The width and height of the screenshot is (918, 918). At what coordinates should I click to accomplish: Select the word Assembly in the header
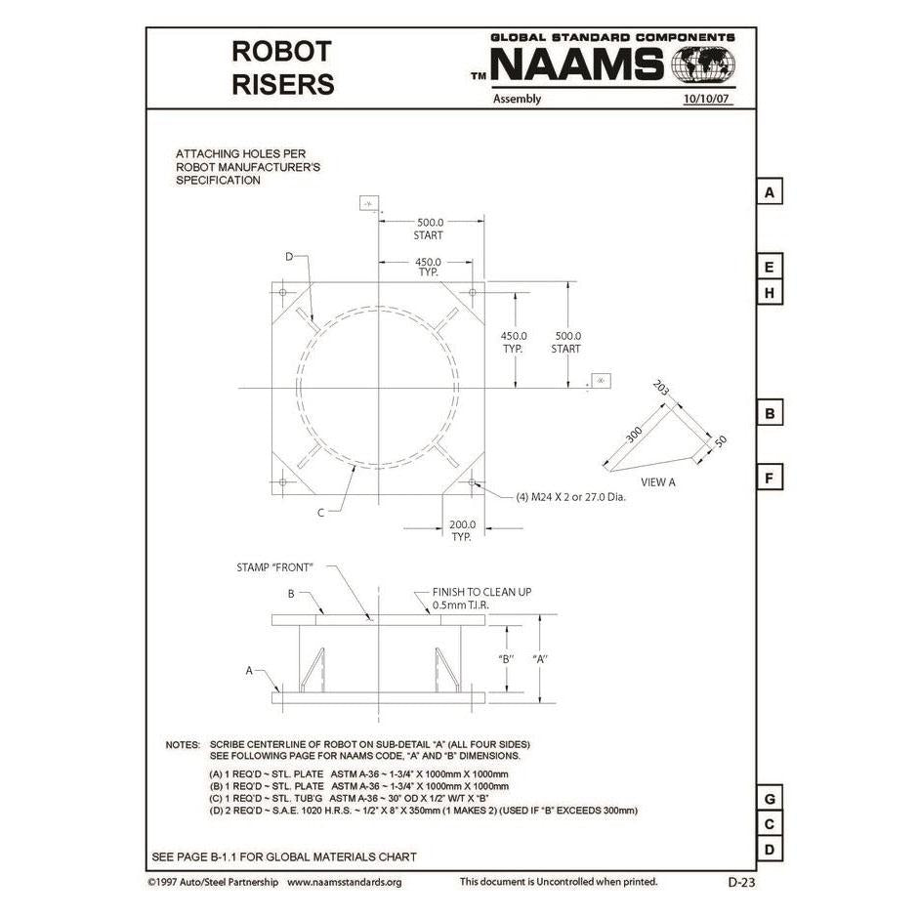[x=517, y=99]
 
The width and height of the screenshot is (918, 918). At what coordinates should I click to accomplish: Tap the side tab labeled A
[x=770, y=192]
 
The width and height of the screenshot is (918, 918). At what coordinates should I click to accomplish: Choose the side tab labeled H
[x=770, y=293]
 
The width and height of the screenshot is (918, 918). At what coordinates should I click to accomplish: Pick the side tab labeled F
[x=770, y=479]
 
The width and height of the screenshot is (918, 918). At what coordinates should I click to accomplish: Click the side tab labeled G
[x=770, y=799]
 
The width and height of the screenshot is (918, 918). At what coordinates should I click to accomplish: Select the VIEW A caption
[x=657, y=481]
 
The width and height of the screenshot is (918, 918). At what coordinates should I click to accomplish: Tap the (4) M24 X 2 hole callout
[x=570, y=496]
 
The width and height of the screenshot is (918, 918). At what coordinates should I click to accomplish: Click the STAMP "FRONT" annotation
[x=274, y=566]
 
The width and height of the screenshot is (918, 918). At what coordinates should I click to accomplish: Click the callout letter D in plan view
[x=289, y=256]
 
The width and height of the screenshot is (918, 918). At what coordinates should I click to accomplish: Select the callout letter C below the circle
[x=320, y=510]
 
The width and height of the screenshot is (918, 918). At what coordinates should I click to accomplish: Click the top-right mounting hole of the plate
[x=473, y=293]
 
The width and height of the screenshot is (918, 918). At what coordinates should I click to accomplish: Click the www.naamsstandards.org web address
[x=344, y=882]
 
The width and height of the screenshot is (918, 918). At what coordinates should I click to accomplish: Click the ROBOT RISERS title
[x=282, y=66]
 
